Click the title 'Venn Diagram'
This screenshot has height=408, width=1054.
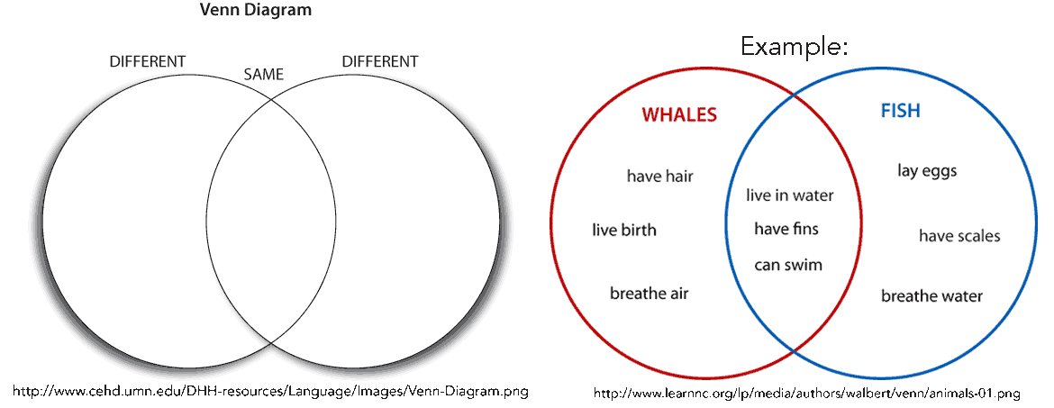click(256, 11)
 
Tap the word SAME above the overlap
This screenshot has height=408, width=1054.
click(263, 75)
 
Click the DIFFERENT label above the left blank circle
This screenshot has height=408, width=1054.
click(147, 61)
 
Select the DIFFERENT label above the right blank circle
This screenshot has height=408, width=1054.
click(380, 61)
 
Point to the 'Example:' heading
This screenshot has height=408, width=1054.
click(795, 46)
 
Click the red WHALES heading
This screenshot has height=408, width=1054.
click(679, 115)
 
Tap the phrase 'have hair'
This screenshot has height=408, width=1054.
click(660, 177)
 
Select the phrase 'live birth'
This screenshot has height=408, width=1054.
click(624, 231)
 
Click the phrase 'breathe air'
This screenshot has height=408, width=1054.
click(650, 293)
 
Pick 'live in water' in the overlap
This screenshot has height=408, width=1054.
click(790, 195)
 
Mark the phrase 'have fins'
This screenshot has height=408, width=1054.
click(786, 229)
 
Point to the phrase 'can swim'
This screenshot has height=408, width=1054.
click(788, 264)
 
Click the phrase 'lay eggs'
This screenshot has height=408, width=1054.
click(927, 171)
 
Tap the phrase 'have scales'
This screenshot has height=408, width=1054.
click(960, 236)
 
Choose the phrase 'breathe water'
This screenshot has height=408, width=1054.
click(931, 295)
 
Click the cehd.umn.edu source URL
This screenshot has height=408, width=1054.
click(271, 391)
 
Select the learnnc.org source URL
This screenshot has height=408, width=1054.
click(806, 393)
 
